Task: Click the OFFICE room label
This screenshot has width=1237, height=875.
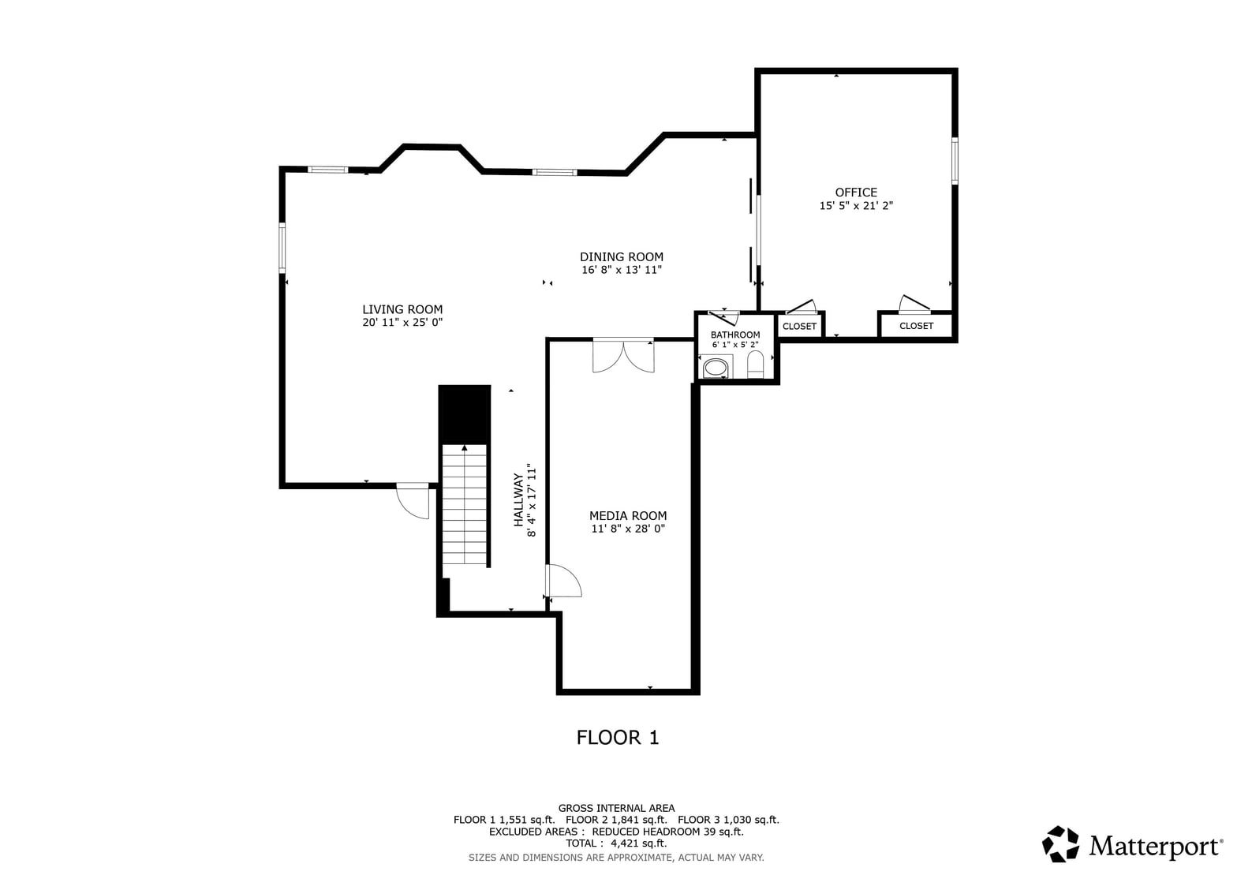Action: (x=856, y=193)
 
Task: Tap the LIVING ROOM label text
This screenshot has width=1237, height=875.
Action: (x=402, y=309)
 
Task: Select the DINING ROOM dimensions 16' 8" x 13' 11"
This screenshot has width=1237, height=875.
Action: (x=622, y=270)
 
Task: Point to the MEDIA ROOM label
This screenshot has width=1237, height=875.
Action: (x=628, y=515)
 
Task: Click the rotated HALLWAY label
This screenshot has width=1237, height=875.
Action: (x=518, y=500)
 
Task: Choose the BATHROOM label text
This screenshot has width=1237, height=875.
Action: (x=735, y=335)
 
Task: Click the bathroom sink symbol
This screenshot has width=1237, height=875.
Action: (x=716, y=368)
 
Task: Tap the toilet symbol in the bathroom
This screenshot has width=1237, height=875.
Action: (x=756, y=365)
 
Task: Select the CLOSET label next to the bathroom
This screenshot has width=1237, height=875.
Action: (x=799, y=327)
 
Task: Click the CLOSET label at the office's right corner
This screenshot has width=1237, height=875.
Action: (x=916, y=326)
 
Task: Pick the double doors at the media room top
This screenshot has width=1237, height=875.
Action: (x=623, y=355)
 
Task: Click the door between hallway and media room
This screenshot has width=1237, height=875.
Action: (x=563, y=581)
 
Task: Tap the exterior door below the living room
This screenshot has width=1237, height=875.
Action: (x=413, y=500)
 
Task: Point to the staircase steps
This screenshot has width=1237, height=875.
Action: (x=465, y=505)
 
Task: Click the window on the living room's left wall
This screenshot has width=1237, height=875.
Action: (x=282, y=248)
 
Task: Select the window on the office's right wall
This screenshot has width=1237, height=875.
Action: (x=955, y=161)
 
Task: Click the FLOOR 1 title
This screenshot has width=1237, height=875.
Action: (x=618, y=738)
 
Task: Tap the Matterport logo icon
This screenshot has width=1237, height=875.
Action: (x=1060, y=843)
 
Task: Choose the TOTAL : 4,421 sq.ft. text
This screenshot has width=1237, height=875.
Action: (x=616, y=843)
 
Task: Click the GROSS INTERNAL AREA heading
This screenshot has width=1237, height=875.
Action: (x=616, y=808)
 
